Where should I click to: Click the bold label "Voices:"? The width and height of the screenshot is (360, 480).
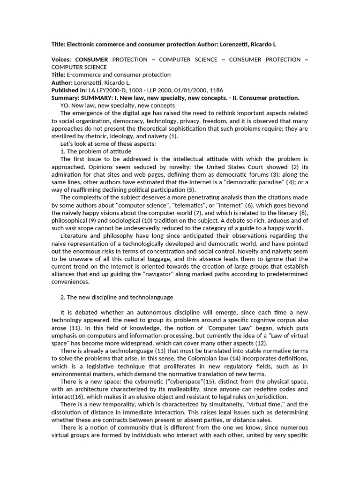click(x=61, y=60)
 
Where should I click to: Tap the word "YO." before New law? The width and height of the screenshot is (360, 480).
click(x=66, y=105)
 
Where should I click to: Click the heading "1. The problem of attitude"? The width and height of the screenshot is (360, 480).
click(x=96, y=151)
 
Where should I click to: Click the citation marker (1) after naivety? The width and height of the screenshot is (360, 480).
click(x=173, y=136)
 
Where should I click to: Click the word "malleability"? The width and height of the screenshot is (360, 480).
click(x=195, y=389)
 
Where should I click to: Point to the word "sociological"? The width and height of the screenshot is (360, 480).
click(x=122, y=220)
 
